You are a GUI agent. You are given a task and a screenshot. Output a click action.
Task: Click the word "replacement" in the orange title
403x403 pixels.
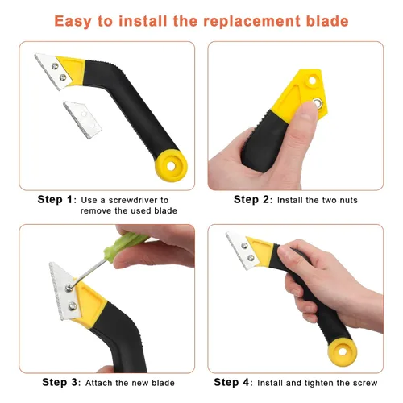point(251,21)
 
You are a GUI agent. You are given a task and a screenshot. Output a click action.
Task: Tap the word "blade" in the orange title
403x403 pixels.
point(327,21)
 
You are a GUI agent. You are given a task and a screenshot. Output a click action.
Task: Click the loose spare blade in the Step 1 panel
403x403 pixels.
point(83,119)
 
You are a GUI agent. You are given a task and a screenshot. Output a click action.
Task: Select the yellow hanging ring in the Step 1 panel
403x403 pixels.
point(171,166)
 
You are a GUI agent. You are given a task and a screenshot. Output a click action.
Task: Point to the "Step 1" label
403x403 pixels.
point(55,199)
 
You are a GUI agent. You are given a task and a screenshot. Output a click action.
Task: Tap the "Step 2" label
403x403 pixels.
point(251,199)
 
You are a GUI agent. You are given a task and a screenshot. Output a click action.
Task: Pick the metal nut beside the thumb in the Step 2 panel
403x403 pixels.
point(318,103)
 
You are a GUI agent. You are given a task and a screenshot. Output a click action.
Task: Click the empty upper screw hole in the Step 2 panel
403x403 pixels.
point(312,81)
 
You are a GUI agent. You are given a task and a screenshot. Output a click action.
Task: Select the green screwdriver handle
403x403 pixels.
point(127,245)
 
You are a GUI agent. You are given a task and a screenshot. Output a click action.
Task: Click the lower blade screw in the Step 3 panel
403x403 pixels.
point(73,305)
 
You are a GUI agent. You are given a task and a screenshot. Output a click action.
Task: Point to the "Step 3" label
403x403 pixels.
point(60,382)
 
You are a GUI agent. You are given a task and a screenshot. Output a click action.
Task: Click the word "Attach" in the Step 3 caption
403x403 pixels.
point(99,383)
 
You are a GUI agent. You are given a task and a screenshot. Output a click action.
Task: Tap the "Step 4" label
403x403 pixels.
point(231,382)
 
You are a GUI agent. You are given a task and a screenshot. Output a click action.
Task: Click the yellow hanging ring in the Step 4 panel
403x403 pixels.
point(342,351)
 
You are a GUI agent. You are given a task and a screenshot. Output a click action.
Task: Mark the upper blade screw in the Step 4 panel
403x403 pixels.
point(244,245)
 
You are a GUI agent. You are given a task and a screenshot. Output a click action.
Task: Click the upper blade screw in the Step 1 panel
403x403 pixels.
point(55,66)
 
